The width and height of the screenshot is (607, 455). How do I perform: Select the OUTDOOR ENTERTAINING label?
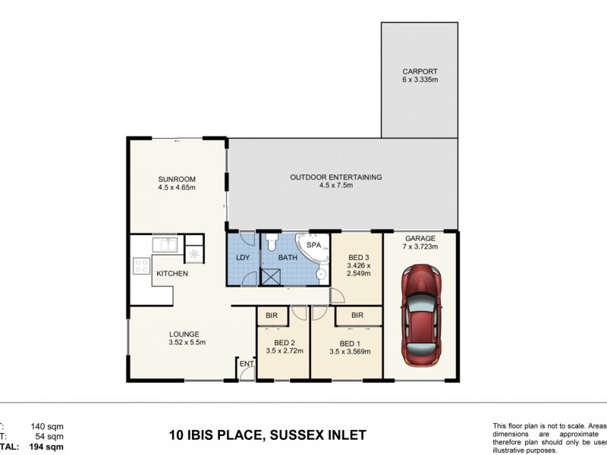pos(335,177)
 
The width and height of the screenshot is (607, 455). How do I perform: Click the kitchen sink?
pos(165,245)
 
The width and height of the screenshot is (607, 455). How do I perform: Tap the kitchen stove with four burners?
pos(141,266)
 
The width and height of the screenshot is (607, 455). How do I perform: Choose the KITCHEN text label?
pos(172,274)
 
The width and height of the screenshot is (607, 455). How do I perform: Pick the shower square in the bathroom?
pos(271,275)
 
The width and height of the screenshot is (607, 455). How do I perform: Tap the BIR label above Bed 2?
pos(271,315)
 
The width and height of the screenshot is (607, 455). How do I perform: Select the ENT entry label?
pos(246,365)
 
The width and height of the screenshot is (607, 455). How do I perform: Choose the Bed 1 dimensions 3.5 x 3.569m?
pos(349,352)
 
